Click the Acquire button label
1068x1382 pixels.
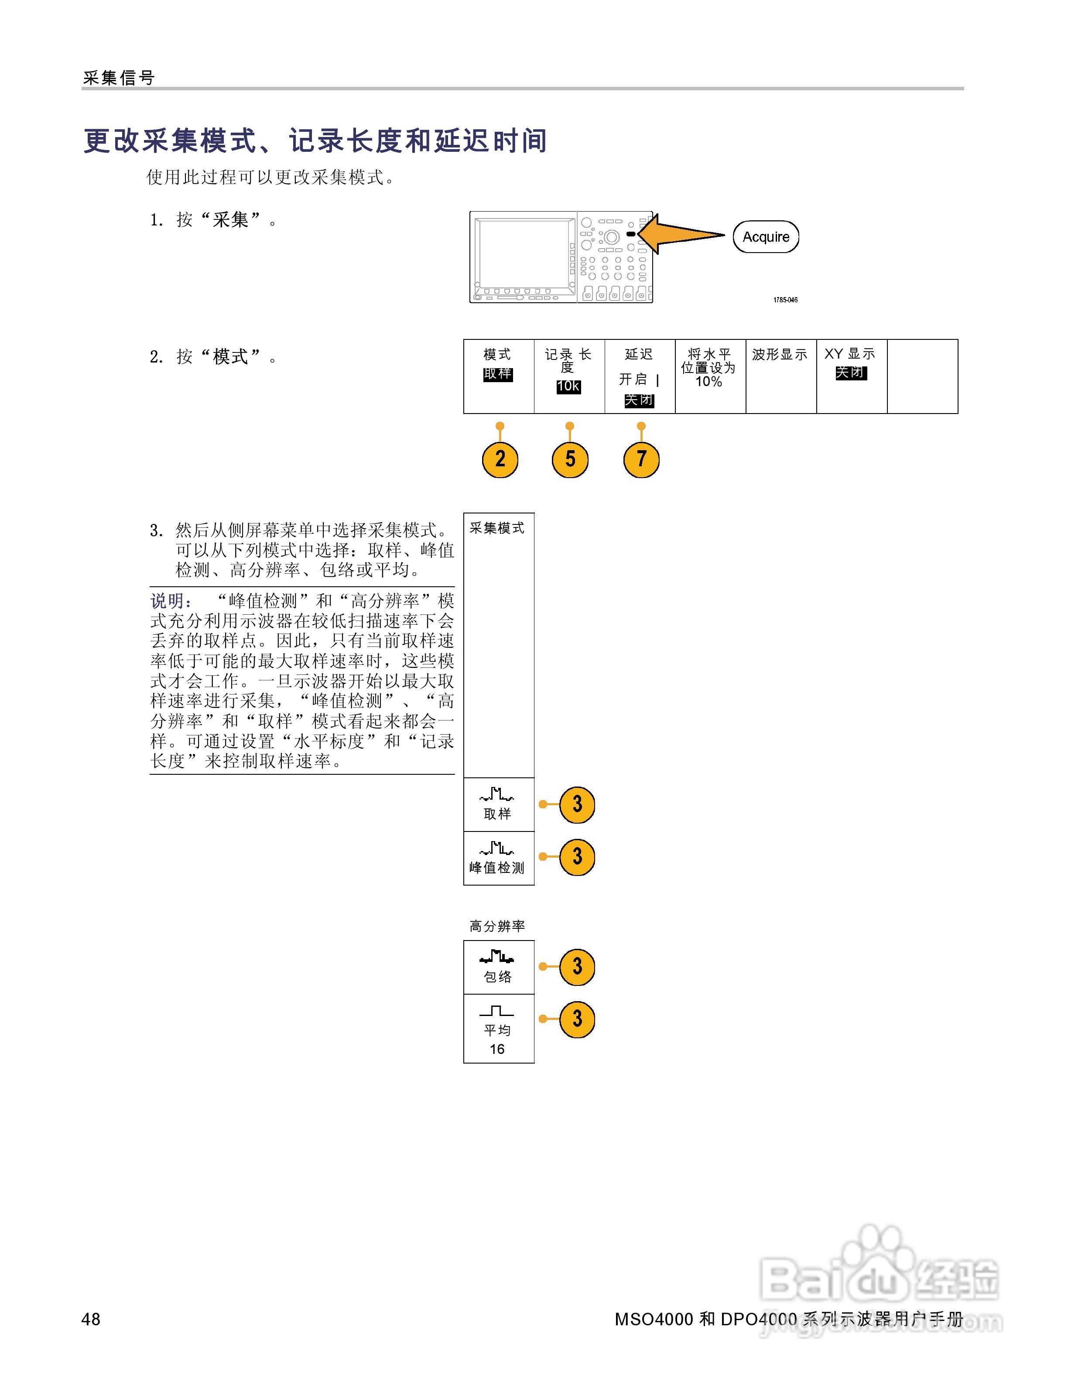point(766,237)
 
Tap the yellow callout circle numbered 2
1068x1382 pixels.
point(500,459)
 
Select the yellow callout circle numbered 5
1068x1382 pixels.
point(570,459)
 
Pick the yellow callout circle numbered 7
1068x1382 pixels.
point(641,459)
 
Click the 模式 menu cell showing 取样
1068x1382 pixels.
point(499,376)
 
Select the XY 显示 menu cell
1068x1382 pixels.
point(851,376)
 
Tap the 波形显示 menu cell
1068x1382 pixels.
point(780,376)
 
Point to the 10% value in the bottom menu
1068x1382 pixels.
point(709,382)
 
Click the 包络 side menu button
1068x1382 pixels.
point(499,966)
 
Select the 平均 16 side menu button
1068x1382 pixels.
point(499,1028)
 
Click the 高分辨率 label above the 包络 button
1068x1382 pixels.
point(497,926)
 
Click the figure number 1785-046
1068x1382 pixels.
point(785,300)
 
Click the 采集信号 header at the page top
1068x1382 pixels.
point(119,78)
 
